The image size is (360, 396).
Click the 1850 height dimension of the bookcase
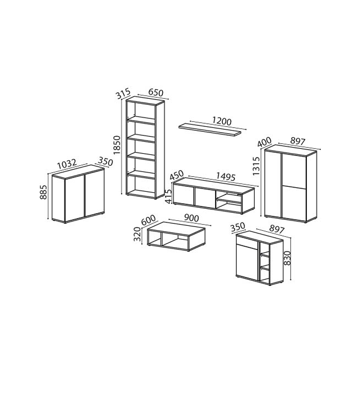[117, 145]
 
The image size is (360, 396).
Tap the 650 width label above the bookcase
[156, 92]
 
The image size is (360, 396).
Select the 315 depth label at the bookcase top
[123, 93]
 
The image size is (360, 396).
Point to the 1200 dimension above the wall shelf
[222, 121]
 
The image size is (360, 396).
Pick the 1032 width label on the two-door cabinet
[67, 164]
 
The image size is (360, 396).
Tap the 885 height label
[43, 192]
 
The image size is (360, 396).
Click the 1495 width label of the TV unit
[226, 177]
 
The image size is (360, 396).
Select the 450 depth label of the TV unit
[176, 175]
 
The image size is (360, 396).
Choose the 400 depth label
[264, 142]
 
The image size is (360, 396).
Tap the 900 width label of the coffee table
[191, 218]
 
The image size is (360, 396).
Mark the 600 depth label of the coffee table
[148, 220]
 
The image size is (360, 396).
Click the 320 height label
[137, 234]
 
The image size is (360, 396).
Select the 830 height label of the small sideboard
[287, 258]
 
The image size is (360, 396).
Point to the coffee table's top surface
[176, 229]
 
